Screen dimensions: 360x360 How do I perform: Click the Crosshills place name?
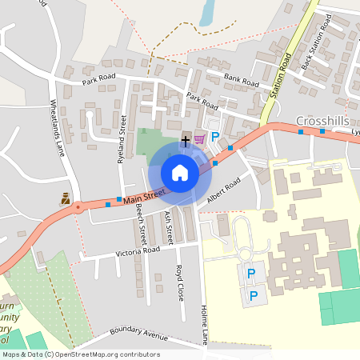click(x=321, y=120)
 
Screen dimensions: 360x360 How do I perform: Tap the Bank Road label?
click(x=242, y=81)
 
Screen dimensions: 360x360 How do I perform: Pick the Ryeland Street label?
click(x=122, y=138)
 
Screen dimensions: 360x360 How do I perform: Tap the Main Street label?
click(x=145, y=194)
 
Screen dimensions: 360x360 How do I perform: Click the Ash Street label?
click(x=168, y=227)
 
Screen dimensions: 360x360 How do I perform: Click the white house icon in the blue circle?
click(x=179, y=174)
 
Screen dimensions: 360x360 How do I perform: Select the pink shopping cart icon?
click(x=199, y=139)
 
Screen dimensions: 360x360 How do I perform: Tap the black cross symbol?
click(x=186, y=140)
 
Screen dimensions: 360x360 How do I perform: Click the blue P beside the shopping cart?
click(x=214, y=138)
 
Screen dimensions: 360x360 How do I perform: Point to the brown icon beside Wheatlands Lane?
click(x=64, y=198)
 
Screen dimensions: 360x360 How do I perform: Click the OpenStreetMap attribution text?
click(x=81, y=354)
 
